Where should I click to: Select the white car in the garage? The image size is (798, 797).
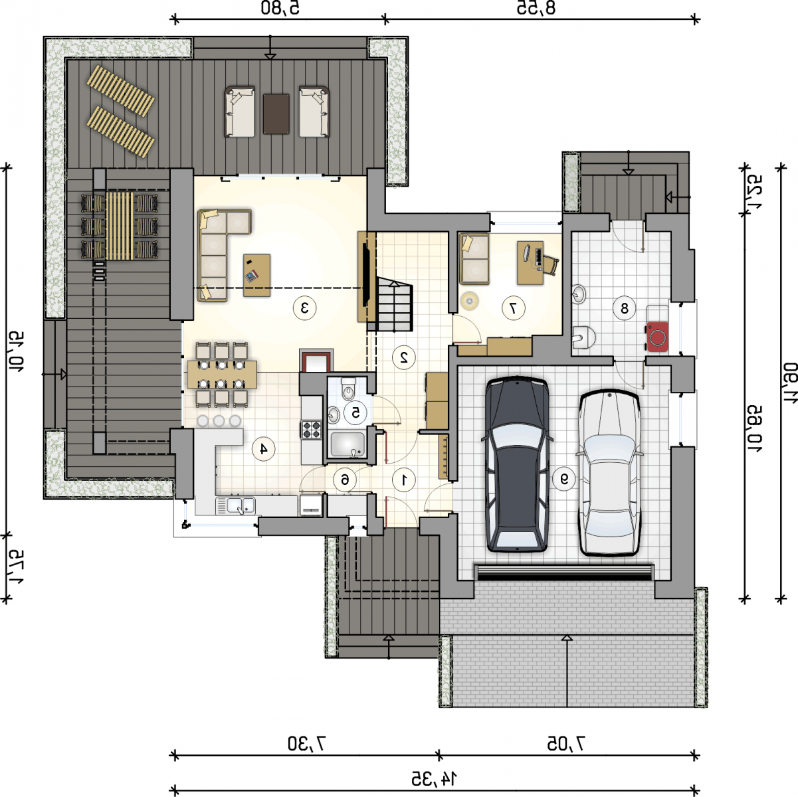609,474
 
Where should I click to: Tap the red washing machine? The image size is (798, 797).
656,337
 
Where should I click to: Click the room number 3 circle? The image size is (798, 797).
304,308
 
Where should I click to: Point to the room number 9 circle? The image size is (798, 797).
564,479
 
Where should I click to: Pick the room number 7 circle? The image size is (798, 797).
513,308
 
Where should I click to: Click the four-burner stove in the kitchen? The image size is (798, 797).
312,429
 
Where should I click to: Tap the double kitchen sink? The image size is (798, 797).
235,506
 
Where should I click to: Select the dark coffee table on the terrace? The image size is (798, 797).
276,114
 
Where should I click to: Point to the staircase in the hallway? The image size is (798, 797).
395,304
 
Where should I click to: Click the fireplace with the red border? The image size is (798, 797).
316,361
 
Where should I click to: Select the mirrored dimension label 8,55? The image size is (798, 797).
536,8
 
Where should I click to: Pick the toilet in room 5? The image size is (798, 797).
348,388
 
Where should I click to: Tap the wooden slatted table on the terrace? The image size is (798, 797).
120,226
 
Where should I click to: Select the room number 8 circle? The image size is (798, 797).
624,308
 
